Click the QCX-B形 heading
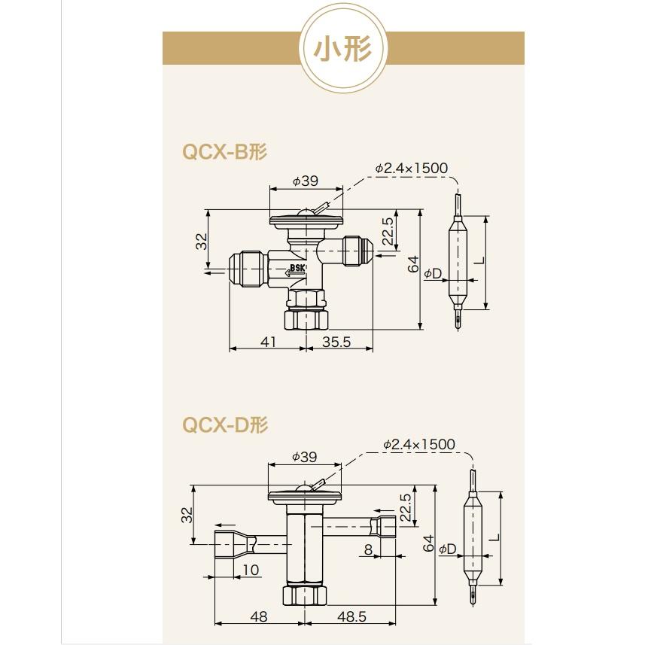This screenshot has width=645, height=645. pyautogui.click(x=225, y=151)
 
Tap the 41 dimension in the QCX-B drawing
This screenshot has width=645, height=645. pyautogui.click(x=268, y=342)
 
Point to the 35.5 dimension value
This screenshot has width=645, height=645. pyautogui.click(x=336, y=342)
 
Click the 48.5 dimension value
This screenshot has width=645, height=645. pyautogui.click(x=351, y=616)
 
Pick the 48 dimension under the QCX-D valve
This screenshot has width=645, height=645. pyautogui.click(x=258, y=616)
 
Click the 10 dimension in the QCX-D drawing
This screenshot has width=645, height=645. pyautogui.click(x=251, y=570)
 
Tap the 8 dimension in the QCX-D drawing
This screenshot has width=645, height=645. pyautogui.click(x=368, y=549)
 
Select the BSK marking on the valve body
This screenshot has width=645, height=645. pyautogui.click(x=297, y=268)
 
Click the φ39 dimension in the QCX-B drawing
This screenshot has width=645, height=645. pyautogui.click(x=306, y=181)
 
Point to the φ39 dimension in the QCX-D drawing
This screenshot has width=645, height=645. pyautogui.click(x=304, y=457)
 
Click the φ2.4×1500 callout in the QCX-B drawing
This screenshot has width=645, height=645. pyautogui.click(x=411, y=168)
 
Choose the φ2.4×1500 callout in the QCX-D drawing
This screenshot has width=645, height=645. pyautogui.click(x=418, y=444)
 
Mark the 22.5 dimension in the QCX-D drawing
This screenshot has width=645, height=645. pyautogui.click(x=406, y=509)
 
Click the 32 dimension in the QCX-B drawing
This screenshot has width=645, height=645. pyautogui.click(x=201, y=242)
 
